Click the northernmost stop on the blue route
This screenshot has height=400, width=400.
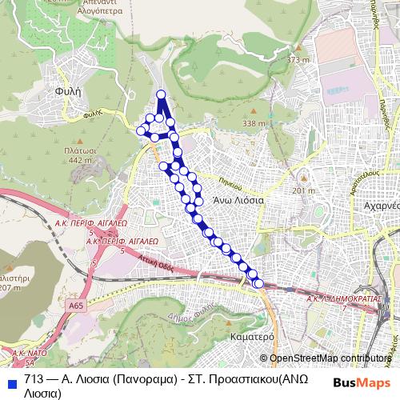pyautogui.click(x=162, y=95)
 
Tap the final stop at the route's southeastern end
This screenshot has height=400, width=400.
pyautogui.click(x=258, y=283)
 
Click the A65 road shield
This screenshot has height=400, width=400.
pyautogui.click(x=76, y=305)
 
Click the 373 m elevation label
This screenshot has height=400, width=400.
pyautogui.click(x=298, y=60)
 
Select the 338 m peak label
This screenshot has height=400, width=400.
pyautogui.click(x=254, y=123)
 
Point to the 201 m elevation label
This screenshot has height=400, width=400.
pyautogui.click(x=305, y=191)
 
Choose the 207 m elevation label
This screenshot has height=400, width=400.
pyautogui.click(x=10, y=286)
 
